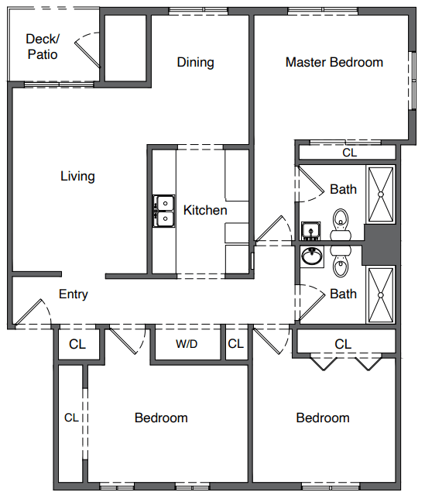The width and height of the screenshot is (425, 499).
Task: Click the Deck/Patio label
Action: pos(42,46)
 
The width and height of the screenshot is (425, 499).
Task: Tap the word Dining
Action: pos(195,62)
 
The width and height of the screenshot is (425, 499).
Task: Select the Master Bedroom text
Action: pos(334,62)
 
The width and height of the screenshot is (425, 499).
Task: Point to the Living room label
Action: pos(77,176)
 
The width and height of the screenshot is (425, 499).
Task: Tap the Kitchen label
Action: pos(205,210)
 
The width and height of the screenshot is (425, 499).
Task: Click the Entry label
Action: pos(74,294)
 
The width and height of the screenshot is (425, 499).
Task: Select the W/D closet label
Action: pos(187,344)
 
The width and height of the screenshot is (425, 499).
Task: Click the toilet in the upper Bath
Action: pos(341,224)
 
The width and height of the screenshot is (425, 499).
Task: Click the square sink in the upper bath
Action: pos(311,231)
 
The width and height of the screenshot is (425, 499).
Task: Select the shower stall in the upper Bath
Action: pos(380,194)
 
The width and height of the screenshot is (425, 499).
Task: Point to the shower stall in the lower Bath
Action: pos(380,295)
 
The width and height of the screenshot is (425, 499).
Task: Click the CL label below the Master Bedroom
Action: pos(350,153)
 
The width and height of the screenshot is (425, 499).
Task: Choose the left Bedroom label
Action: pos(161,418)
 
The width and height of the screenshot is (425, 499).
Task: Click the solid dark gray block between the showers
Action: pos(380,245)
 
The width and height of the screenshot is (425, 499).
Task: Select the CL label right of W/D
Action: pos(235,344)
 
